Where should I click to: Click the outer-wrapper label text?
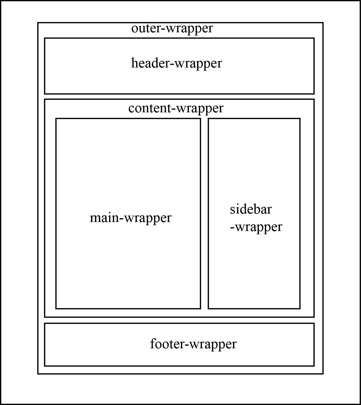[x=172, y=29]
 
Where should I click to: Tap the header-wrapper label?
[x=177, y=63]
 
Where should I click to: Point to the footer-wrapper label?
[x=193, y=344]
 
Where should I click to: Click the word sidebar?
[x=251, y=209]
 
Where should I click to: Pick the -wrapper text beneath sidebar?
[x=256, y=227]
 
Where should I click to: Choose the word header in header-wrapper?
[x=149, y=63]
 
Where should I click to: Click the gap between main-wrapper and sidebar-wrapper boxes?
[x=204, y=213]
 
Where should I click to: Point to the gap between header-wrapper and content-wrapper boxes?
[x=179, y=97]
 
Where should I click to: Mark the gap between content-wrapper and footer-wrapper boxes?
[x=179, y=320]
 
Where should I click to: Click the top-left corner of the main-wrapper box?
[x=56, y=119]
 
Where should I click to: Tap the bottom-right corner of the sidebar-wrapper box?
[x=300, y=308]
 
